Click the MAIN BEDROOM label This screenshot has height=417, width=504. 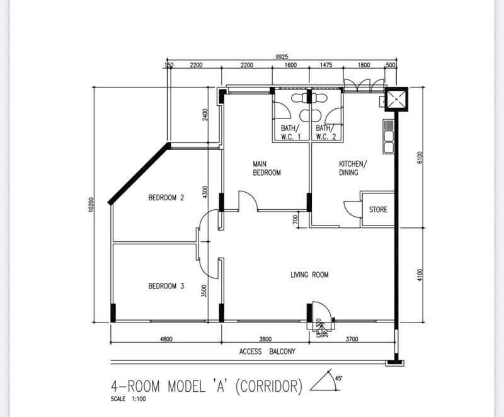coord(266,168)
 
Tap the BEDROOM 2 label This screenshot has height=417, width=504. coord(166,197)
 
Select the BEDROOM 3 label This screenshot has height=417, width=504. coord(166,286)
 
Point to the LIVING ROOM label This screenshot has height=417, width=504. coord(309,275)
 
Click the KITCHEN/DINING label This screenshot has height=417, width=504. coord(352,168)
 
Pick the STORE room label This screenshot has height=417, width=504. coord(378,210)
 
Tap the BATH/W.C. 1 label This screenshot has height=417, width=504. coord(290,132)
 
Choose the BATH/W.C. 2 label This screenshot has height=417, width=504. coord(326,132)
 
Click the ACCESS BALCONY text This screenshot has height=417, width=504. coord(267,351)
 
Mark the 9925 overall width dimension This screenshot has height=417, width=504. coord(282,57)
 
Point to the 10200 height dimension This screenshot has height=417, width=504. coord(91,204)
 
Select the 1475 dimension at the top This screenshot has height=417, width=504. coord(326,65)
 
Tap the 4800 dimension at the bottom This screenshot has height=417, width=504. coord(166,339)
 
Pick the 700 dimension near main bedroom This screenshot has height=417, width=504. coord(295,219)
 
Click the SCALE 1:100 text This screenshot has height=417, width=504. coord(128,399)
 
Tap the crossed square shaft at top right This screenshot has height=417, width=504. coord(396,100)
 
